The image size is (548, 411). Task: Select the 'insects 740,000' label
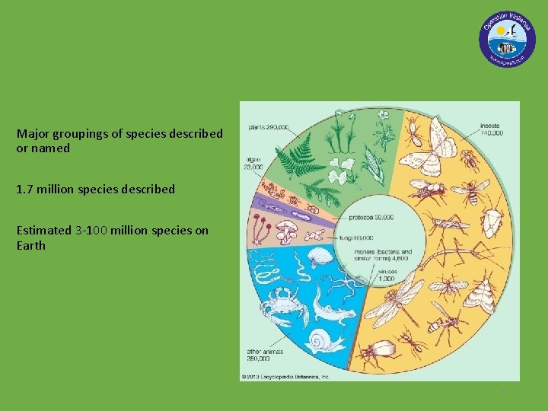point(491,129)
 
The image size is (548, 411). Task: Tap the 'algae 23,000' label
point(253,163)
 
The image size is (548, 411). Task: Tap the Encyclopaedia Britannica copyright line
point(285,377)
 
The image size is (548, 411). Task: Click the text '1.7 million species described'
point(95,189)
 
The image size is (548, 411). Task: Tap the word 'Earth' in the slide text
point(31,245)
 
